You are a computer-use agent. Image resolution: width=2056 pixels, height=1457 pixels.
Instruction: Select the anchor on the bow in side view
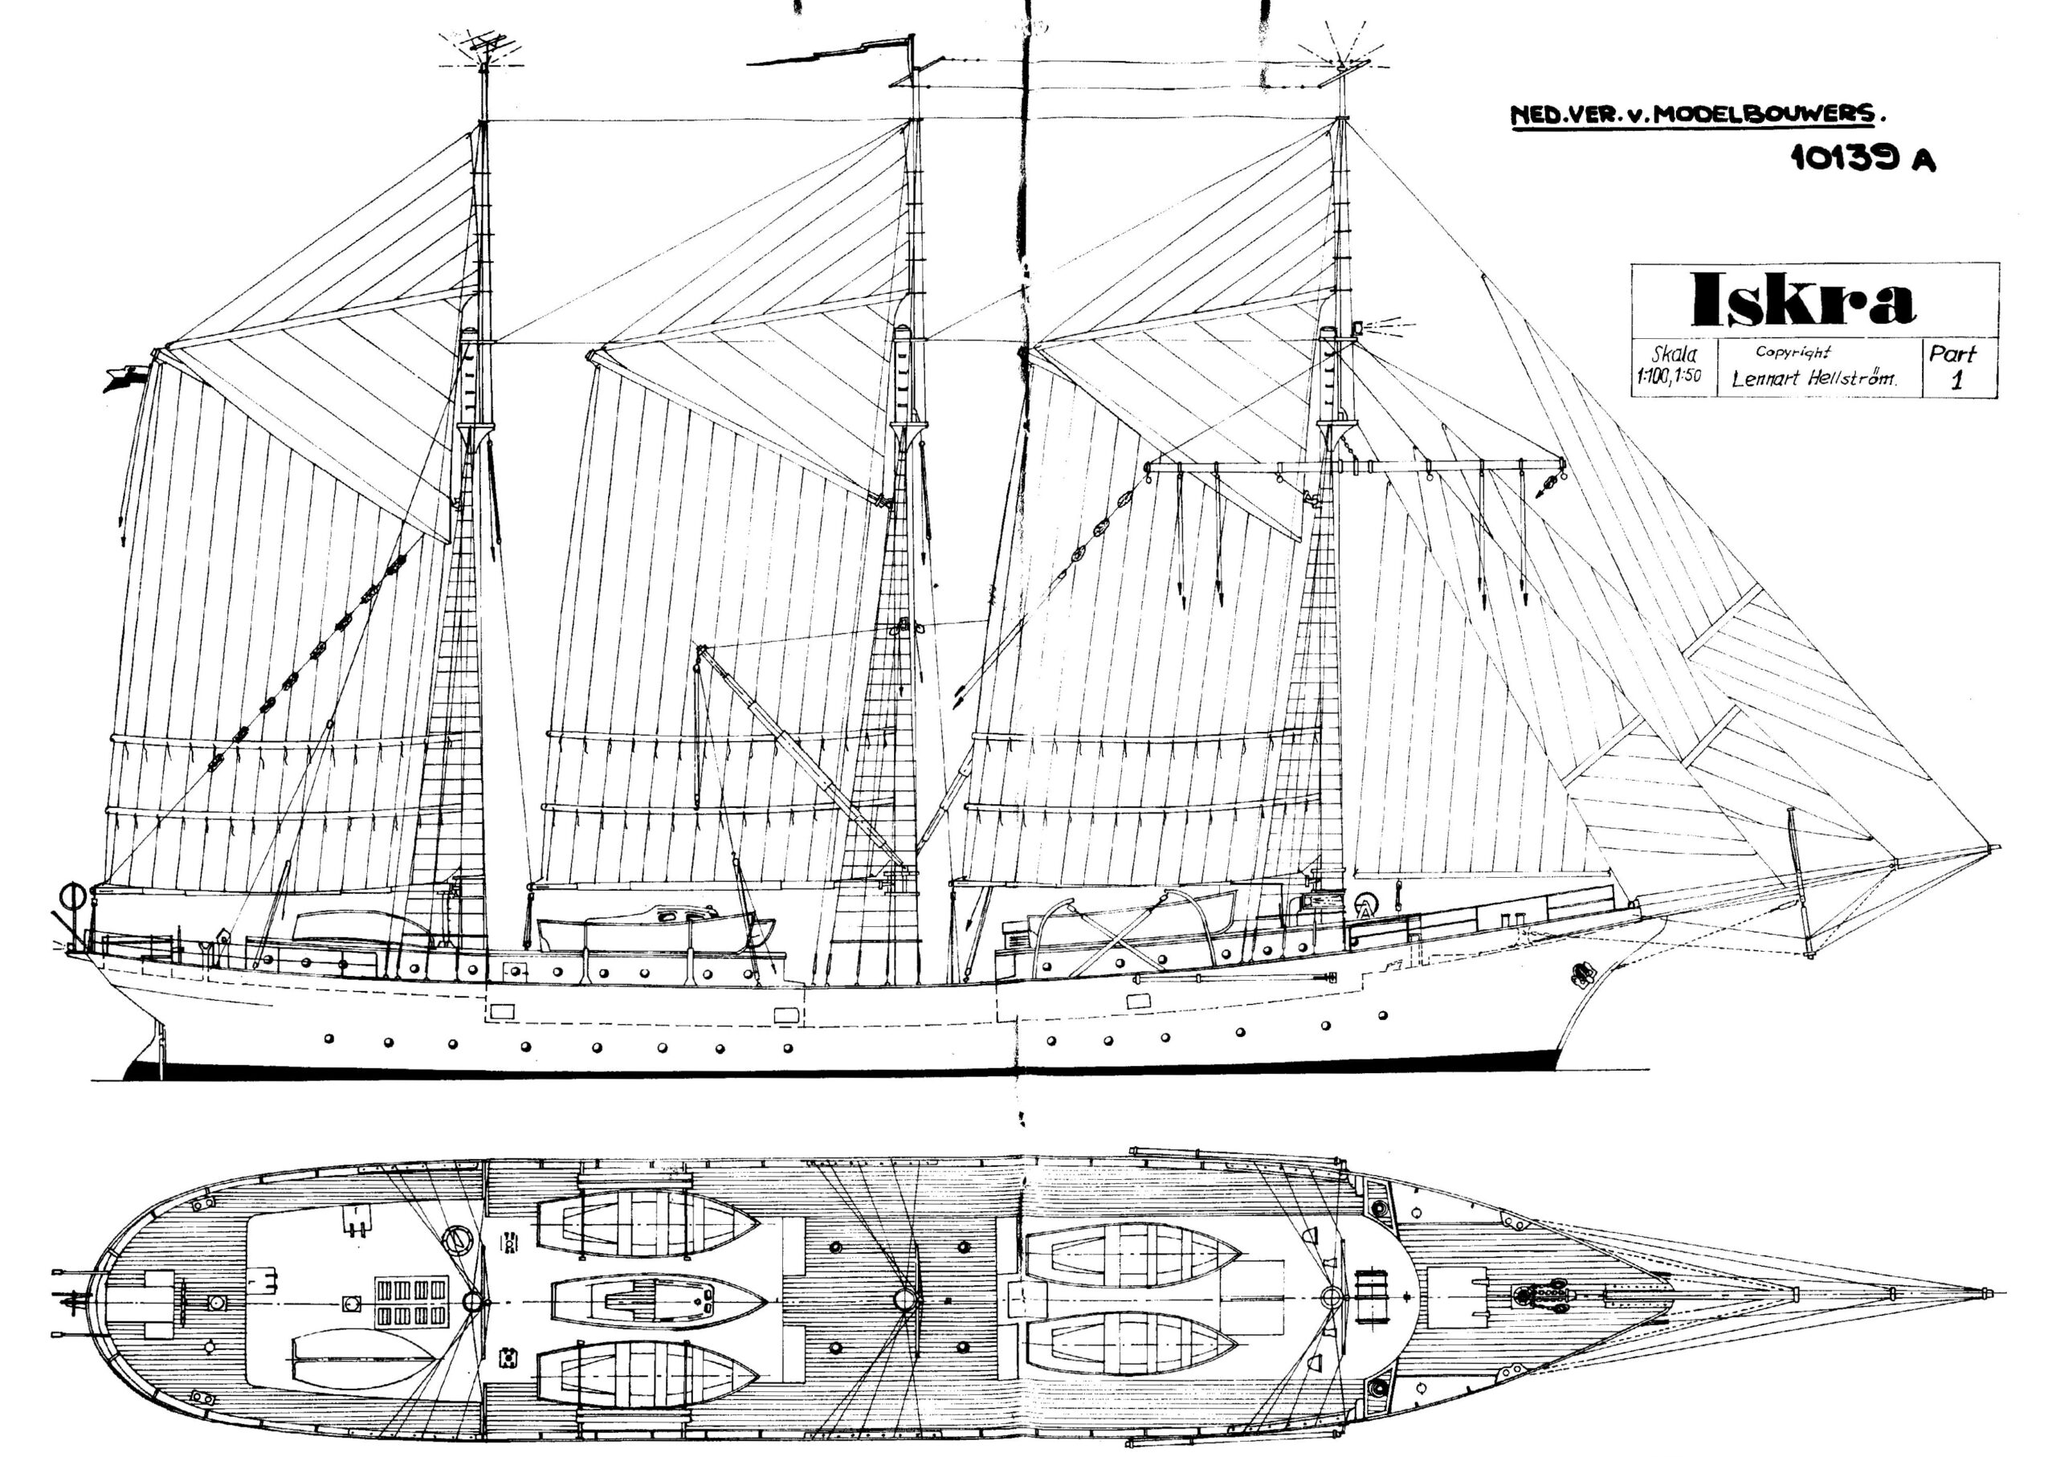(1583, 974)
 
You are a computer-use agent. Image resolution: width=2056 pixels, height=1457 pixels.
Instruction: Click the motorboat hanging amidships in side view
(655, 930)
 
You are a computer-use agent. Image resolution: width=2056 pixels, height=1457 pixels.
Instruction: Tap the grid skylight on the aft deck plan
(412, 1302)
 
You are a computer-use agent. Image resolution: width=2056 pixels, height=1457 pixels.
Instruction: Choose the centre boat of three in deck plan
(658, 1298)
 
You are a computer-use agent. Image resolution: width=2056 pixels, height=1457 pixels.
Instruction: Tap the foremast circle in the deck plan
(1332, 1296)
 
